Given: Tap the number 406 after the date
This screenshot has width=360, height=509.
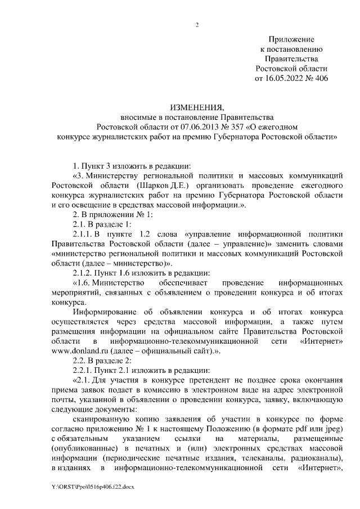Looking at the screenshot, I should click(319, 79).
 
